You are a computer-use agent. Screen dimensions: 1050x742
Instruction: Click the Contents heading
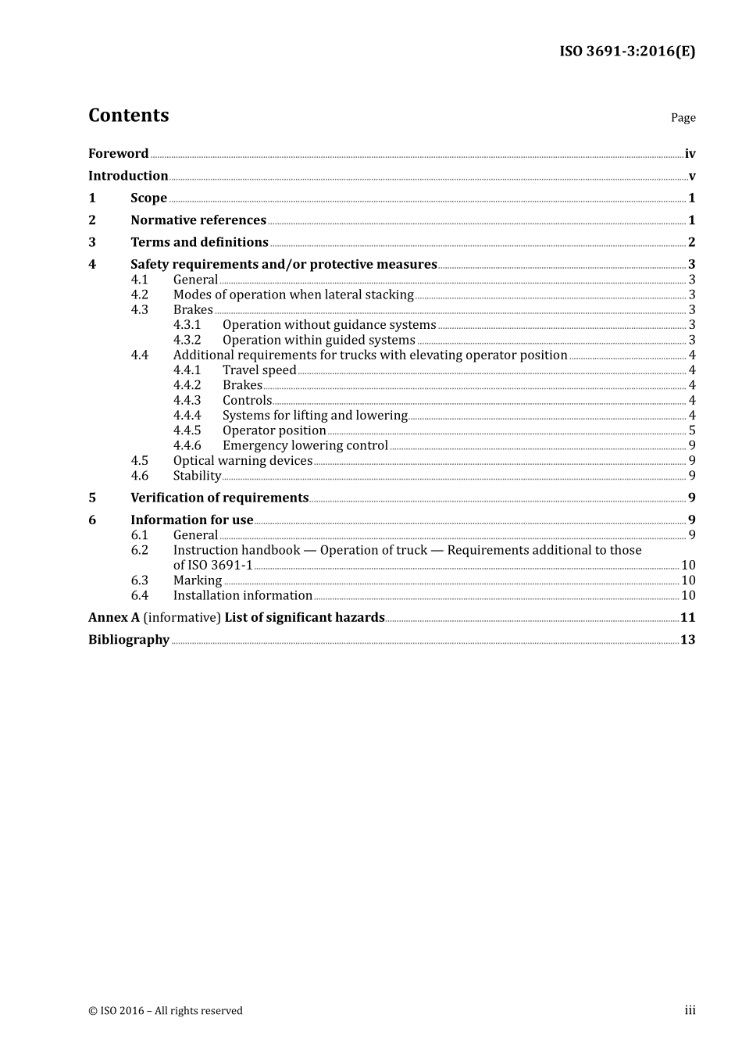click(x=128, y=116)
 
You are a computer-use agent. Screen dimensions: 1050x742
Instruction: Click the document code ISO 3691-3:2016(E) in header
click(x=626, y=52)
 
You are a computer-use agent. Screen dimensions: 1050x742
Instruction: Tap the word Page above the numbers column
click(x=683, y=118)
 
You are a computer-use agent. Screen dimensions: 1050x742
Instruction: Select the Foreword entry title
click(x=118, y=154)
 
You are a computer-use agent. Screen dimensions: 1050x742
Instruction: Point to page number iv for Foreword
click(x=690, y=154)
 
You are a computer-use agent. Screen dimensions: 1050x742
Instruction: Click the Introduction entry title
click(x=128, y=176)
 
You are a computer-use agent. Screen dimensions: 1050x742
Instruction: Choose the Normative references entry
click(x=198, y=220)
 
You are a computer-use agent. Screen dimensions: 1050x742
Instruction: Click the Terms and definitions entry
click(x=199, y=242)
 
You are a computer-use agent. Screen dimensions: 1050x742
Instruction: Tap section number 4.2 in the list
click(x=139, y=295)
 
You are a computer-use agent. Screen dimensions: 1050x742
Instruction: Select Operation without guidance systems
click(x=329, y=325)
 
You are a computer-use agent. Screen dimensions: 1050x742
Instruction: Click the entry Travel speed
click(x=259, y=370)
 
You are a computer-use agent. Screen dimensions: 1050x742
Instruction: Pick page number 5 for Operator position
click(x=691, y=430)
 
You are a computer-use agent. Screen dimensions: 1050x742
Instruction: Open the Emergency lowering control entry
click(x=305, y=445)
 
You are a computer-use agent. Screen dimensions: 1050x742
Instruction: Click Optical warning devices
click(x=242, y=461)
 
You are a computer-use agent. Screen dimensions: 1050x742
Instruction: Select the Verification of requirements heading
click(x=219, y=498)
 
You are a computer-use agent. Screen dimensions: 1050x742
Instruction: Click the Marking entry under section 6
click(x=198, y=580)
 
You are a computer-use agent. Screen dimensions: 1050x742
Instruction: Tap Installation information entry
click(x=242, y=595)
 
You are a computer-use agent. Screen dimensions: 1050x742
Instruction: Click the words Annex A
click(x=114, y=617)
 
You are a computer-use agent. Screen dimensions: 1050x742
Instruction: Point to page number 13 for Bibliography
click(x=687, y=640)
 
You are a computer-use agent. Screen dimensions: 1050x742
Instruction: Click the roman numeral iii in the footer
click(x=690, y=1010)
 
